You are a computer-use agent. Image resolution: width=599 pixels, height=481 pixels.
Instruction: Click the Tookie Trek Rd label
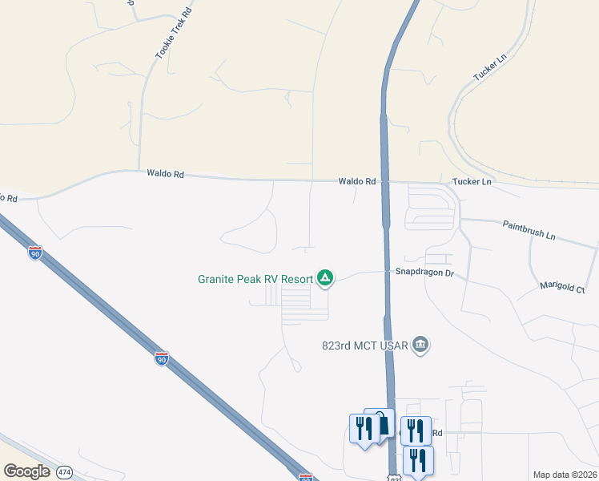click(x=164, y=34)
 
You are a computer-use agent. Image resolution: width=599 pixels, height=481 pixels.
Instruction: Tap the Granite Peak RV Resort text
click(x=255, y=279)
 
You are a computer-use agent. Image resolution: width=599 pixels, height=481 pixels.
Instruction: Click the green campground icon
click(x=325, y=278)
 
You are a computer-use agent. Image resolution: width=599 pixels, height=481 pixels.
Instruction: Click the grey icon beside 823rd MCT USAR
click(x=422, y=346)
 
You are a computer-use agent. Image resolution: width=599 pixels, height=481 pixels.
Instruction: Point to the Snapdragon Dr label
click(x=424, y=273)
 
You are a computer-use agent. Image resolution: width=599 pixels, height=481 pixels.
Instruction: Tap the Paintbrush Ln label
click(x=529, y=231)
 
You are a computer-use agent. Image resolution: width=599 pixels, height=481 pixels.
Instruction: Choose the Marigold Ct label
click(x=562, y=286)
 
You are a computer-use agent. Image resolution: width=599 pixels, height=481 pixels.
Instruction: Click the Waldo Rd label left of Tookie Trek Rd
click(x=166, y=174)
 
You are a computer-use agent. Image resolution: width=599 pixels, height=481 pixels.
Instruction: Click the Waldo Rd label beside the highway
click(x=356, y=182)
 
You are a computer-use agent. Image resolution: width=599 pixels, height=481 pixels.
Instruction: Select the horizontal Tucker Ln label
click(x=472, y=182)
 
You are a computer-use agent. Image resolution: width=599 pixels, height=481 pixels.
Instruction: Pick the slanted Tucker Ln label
click(x=490, y=67)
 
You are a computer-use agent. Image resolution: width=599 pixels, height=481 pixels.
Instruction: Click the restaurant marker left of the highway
click(x=363, y=429)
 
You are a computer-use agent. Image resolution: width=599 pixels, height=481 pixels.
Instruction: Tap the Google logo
click(x=26, y=471)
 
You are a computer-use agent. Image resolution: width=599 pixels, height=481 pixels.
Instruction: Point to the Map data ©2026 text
click(x=565, y=475)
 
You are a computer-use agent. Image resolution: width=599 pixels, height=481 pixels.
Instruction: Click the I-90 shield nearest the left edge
click(x=35, y=253)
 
